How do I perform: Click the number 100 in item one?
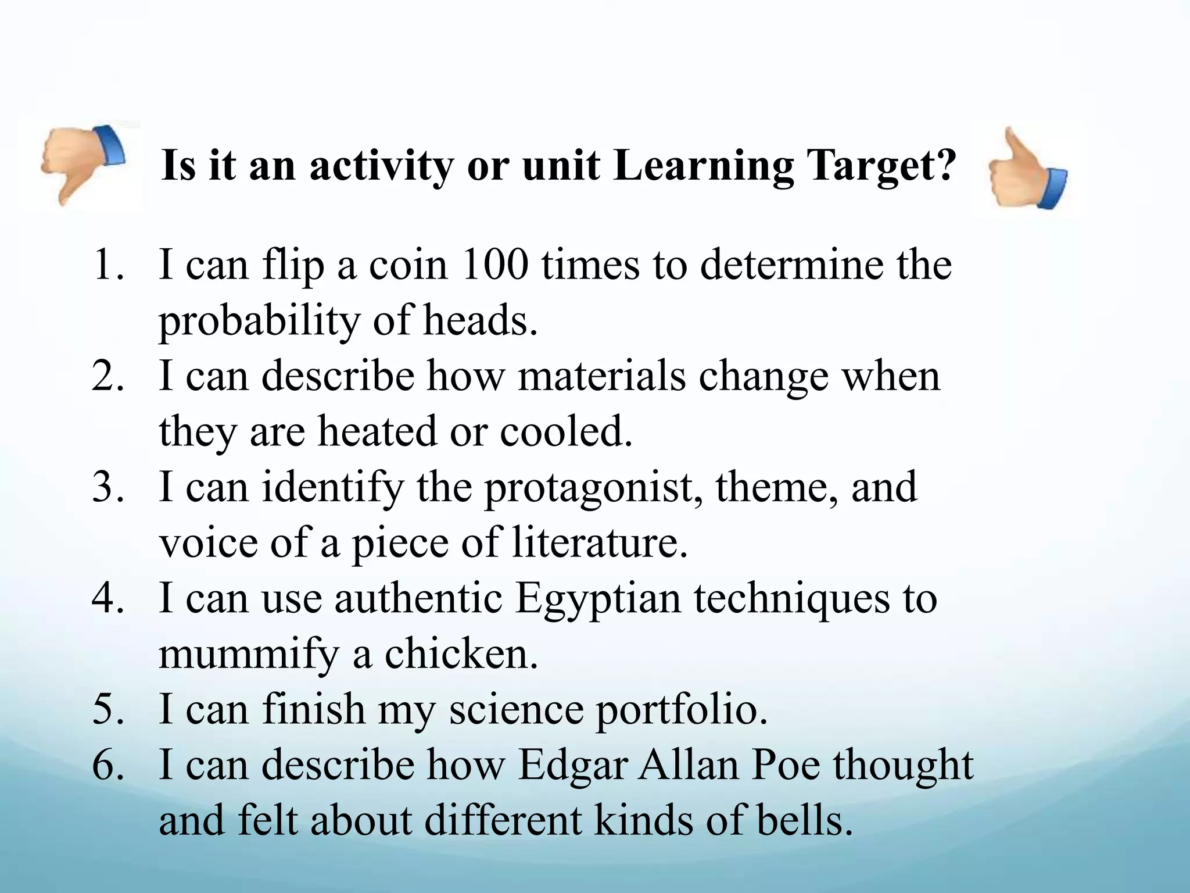pyautogui.click(x=495, y=265)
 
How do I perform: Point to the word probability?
pyautogui.click(x=259, y=322)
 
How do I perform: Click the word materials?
pyautogui.click(x=601, y=376)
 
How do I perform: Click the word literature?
pyautogui.click(x=599, y=542)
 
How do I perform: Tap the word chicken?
pyautogui.click(x=461, y=654)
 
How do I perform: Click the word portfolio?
pyautogui.click(x=682, y=710)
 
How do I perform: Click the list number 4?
pyautogui.click(x=108, y=598)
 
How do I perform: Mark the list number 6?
pyautogui.click(x=108, y=765)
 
